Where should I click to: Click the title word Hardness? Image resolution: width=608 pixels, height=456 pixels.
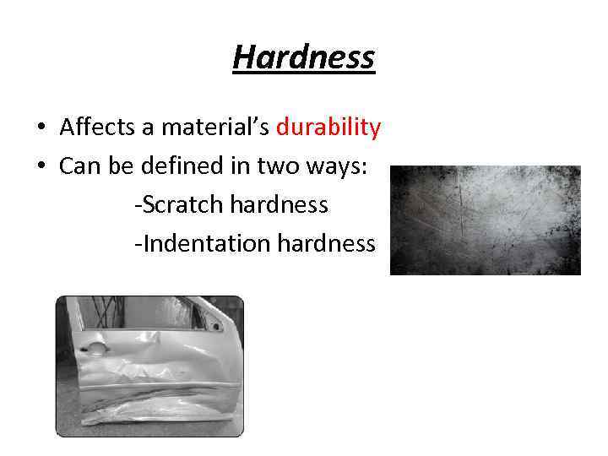click(303, 57)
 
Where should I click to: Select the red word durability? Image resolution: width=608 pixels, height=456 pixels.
click(328, 128)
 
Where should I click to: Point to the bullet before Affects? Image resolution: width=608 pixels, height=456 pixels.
click(41, 128)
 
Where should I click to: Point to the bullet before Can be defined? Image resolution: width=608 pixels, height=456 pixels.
click(41, 167)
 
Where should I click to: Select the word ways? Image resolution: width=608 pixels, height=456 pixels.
click(335, 167)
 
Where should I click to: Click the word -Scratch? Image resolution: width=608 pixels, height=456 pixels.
click(177, 205)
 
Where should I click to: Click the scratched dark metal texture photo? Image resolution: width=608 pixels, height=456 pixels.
click(485, 220)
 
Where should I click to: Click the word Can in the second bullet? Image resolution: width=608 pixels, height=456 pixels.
click(78, 166)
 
